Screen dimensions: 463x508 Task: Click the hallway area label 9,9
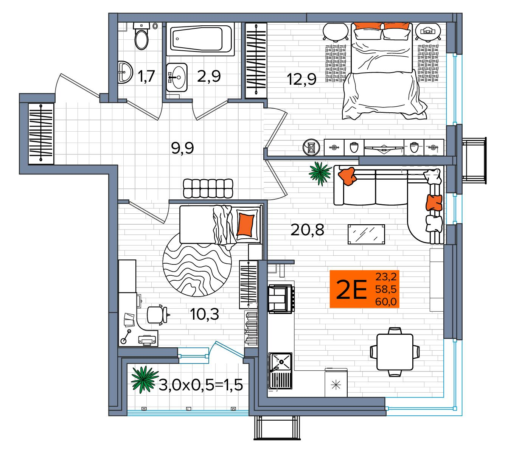182,148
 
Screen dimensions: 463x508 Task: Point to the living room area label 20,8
307,229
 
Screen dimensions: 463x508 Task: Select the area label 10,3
205,314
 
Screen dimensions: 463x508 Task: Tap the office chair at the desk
156,314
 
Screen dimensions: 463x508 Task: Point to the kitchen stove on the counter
280,299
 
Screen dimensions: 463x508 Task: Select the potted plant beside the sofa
320,173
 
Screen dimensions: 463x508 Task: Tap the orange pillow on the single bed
245,224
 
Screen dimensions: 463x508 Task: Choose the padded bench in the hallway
208,188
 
